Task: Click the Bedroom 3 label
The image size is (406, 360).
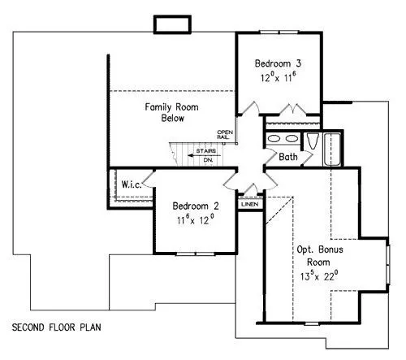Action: pyautogui.click(x=278, y=63)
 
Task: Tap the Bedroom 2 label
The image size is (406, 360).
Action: pyautogui.click(x=196, y=206)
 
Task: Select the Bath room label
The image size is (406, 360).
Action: pyautogui.click(x=288, y=157)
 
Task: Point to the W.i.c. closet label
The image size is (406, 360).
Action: pyautogui.click(x=132, y=184)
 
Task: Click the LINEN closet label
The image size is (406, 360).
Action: pyautogui.click(x=250, y=204)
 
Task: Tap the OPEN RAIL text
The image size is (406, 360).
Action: pyautogui.click(x=225, y=135)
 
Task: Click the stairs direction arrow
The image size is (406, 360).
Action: pyautogui.click(x=205, y=155)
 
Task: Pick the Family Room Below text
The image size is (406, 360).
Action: pyautogui.click(x=171, y=112)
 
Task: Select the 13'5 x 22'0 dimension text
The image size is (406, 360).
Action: pyautogui.click(x=319, y=275)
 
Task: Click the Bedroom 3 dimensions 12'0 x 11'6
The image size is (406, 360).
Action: pyautogui.click(x=278, y=77)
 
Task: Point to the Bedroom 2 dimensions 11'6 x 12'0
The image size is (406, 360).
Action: pyautogui.click(x=196, y=219)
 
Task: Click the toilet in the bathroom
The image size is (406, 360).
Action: pyautogui.click(x=312, y=141)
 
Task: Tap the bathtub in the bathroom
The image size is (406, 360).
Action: pyautogui.click(x=333, y=150)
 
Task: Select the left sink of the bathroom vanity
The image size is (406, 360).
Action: pyautogui.click(x=274, y=139)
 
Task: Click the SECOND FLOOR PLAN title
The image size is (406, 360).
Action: pyautogui.click(x=57, y=327)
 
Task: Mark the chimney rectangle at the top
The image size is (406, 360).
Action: pyautogui.click(x=172, y=24)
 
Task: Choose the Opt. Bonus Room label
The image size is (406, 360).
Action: pyautogui.click(x=320, y=256)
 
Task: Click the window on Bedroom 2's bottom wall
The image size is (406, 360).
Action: pyautogui.click(x=196, y=254)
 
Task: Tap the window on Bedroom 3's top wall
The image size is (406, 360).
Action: pyautogui.click(x=279, y=33)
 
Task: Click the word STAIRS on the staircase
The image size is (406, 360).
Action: pyautogui.click(x=206, y=151)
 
